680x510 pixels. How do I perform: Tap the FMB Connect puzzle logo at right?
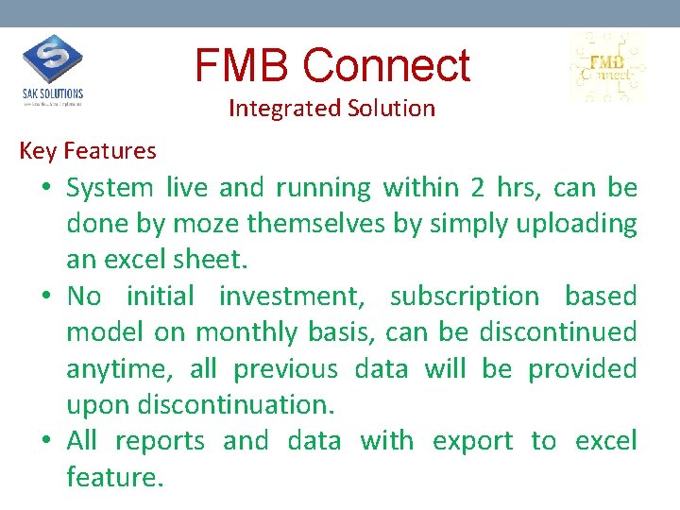pyautogui.click(x=606, y=67)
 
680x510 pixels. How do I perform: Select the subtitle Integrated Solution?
pyautogui.click(x=331, y=109)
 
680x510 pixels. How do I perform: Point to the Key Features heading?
pyautogui.click(x=88, y=151)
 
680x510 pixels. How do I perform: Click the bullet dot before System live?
pyautogui.click(x=46, y=189)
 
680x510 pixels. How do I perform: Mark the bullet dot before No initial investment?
pyautogui.click(x=46, y=297)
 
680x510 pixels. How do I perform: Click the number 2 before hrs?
pyautogui.click(x=477, y=188)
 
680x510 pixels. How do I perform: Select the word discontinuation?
pyautogui.click(x=236, y=405)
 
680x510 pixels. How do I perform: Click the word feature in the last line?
pyautogui.click(x=114, y=478)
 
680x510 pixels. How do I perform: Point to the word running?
pyautogui.click(x=323, y=189)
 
